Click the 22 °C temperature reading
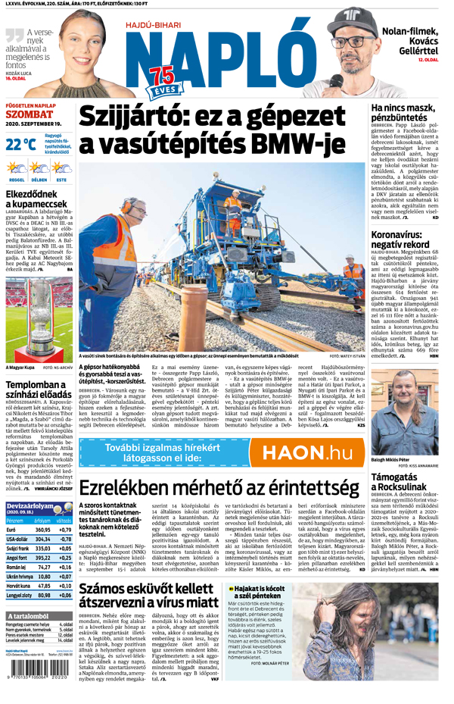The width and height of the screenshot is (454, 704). click(x=20, y=144)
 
